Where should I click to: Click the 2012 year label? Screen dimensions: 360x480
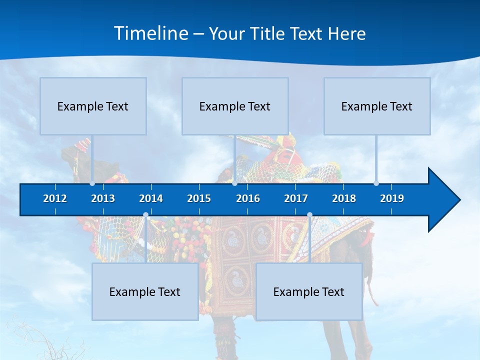pyautogui.click(x=55, y=198)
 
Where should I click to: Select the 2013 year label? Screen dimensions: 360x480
pyautogui.click(x=103, y=198)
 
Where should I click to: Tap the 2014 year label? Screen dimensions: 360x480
pyautogui.click(x=151, y=198)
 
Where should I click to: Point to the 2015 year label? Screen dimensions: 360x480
pyautogui.click(x=199, y=198)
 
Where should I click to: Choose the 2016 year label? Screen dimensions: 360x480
pyautogui.click(x=248, y=198)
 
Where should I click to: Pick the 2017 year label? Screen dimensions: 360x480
pyautogui.click(x=296, y=198)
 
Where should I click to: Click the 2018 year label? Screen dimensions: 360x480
pyautogui.click(x=344, y=198)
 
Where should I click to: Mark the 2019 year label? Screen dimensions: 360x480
pyautogui.click(x=392, y=198)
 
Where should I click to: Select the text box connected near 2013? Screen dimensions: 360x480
pyautogui.click(x=93, y=106)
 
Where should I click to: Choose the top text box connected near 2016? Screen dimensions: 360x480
pyautogui.click(x=235, y=106)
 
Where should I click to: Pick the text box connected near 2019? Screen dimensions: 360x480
pyautogui.click(x=377, y=106)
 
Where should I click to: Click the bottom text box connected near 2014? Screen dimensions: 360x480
pyautogui.click(x=145, y=291)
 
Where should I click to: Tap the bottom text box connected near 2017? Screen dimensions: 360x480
pyautogui.click(x=309, y=291)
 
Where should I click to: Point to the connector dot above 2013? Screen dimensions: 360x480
pyautogui.click(x=92, y=183)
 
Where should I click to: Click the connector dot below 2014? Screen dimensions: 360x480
pyautogui.click(x=145, y=215)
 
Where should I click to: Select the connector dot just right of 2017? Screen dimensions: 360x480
pyautogui.click(x=309, y=215)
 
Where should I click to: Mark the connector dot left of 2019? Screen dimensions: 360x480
pyautogui.click(x=376, y=183)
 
